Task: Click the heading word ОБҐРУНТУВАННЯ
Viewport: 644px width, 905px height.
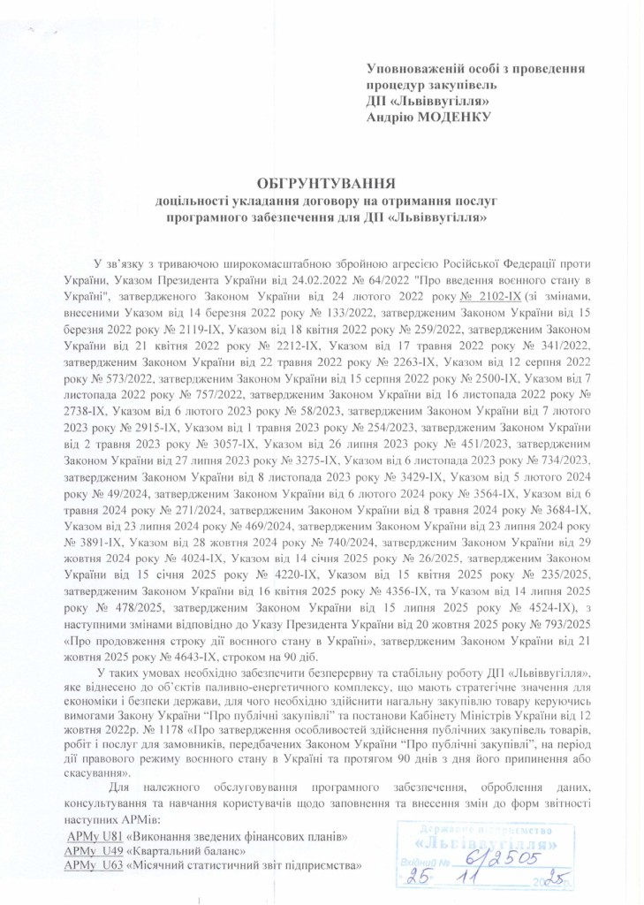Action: [x=323, y=183]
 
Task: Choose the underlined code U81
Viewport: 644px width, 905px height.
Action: [x=110, y=835]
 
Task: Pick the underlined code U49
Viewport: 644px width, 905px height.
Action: [x=110, y=850]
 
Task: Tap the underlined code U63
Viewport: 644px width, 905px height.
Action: [x=110, y=865]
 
